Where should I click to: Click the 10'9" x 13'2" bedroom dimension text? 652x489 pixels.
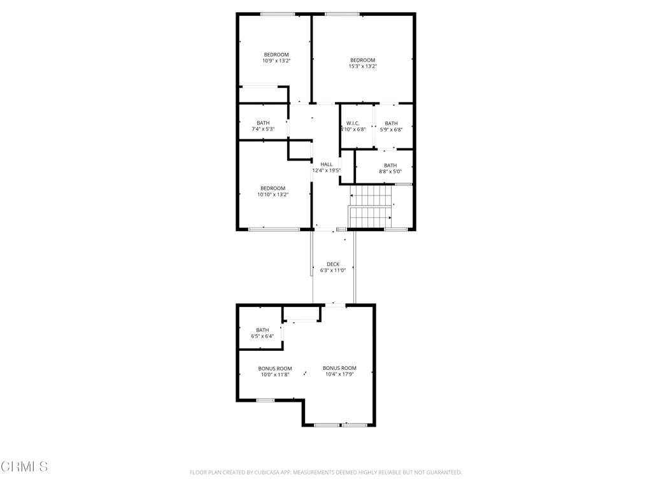tap(276, 60)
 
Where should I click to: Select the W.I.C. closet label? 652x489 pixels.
tap(353, 124)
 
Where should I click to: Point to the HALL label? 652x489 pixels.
tap(327, 164)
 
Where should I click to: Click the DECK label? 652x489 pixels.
tap(333, 264)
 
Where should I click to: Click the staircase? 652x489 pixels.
tap(371, 207)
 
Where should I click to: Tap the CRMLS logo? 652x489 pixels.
tap(24, 467)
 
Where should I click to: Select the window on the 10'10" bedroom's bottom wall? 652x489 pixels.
tap(274, 229)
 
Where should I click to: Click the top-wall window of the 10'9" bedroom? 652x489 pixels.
tap(278, 14)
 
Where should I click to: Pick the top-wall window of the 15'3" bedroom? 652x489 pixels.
tap(342, 14)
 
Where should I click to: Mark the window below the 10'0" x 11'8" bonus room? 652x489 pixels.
tap(266, 400)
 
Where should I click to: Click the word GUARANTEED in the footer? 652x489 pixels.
tap(446, 472)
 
